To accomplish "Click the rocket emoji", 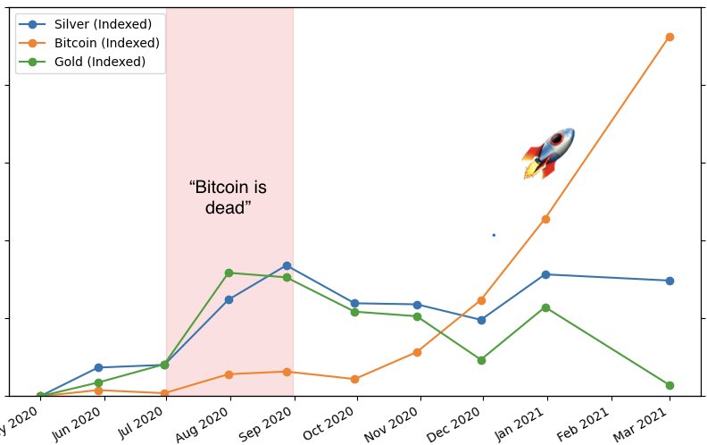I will (548, 153).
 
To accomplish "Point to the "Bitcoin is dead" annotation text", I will (228, 197).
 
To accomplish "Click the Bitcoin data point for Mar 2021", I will (670, 37).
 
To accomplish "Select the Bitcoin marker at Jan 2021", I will (545, 219).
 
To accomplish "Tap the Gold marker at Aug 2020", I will (229, 273).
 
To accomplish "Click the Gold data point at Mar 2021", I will (670, 385).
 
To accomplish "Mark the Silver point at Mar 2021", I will (670, 281).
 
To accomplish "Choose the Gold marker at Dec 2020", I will (482, 360).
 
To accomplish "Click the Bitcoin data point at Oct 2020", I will (355, 379).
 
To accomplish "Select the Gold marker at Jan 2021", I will (545, 307).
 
